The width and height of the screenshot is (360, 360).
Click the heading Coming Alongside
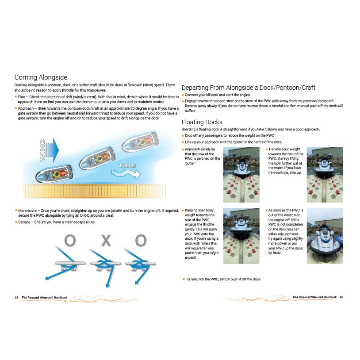41,77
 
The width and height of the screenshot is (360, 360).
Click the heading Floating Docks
202,122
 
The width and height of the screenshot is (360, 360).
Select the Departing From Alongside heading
248,88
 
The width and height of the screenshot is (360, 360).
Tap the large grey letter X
105,241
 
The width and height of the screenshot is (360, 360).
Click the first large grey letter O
70,241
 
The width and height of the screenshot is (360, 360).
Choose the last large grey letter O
141,241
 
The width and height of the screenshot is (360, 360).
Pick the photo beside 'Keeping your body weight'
241,230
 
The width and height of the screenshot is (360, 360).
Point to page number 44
16,298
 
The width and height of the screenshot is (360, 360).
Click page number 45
341,298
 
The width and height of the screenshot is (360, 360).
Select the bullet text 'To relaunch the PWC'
223,279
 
